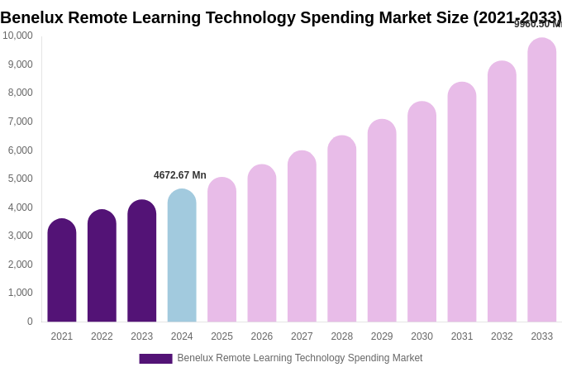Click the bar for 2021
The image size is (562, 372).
click(x=62, y=270)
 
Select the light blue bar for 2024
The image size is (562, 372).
click(x=182, y=255)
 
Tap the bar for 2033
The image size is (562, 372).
click(x=542, y=180)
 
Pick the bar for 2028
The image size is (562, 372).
click(x=342, y=229)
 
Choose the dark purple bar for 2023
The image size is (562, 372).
click(x=142, y=261)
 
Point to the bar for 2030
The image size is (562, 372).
click(x=421, y=212)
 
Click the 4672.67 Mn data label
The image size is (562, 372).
click(x=180, y=175)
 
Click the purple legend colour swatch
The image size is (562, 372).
click(x=155, y=359)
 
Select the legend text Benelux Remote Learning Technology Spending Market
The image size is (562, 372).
click(x=299, y=358)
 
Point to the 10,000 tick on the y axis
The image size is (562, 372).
click(x=17, y=36)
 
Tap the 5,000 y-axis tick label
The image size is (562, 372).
click(x=20, y=179)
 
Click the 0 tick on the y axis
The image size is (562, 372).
click(x=30, y=322)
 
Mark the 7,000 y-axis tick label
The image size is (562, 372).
click(x=20, y=122)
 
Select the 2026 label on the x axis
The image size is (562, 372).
click(x=262, y=336)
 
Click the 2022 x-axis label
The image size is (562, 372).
click(x=102, y=336)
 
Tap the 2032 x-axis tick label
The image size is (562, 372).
click(x=502, y=336)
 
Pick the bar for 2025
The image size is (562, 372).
click(x=221, y=250)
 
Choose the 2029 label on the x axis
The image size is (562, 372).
click(x=382, y=336)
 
